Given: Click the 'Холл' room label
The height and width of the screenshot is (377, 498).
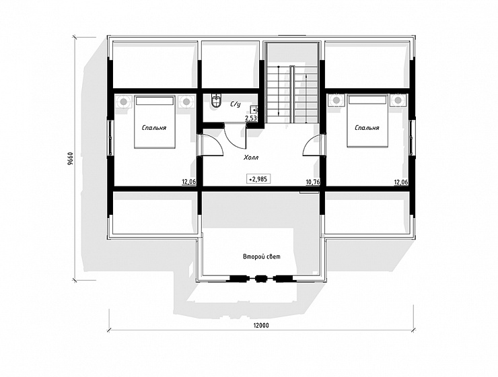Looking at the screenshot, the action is (251, 158).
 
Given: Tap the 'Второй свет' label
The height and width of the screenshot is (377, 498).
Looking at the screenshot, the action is (262, 256).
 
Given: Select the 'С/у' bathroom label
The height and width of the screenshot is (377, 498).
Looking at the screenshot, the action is (236, 104).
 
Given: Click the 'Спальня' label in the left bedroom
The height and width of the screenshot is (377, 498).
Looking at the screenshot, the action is (154, 128).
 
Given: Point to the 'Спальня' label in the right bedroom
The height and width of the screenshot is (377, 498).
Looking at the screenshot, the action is (367, 128).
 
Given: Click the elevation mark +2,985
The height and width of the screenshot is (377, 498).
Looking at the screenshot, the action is (258, 179).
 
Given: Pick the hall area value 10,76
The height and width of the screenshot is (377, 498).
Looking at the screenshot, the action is (313, 182).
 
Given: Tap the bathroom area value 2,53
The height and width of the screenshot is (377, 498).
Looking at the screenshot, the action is (250, 118).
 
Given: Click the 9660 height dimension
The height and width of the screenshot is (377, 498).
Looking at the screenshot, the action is (71, 158).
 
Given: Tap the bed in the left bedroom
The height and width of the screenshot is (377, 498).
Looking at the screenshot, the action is (154, 121).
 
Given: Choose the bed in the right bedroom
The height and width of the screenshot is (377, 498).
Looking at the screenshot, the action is (367, 121).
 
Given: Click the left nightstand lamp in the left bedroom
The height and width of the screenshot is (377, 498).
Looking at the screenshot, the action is (123, 102).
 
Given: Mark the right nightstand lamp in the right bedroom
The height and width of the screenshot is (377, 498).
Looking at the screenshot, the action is (398, 101).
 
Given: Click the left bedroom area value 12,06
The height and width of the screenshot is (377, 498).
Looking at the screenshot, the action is (188, 182).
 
